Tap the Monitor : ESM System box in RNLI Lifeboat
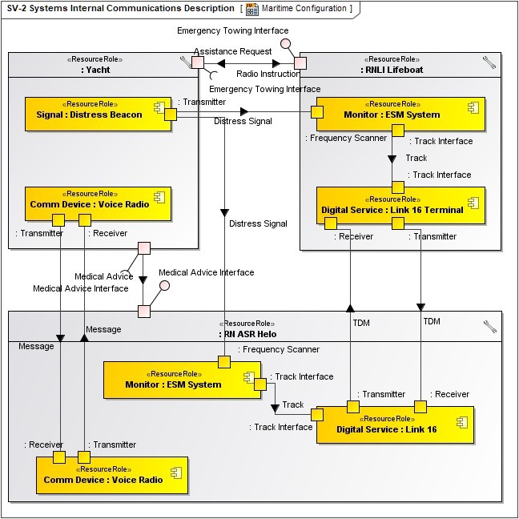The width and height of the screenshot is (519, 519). pos(392,115)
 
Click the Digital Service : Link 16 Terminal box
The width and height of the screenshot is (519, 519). pos(392,210)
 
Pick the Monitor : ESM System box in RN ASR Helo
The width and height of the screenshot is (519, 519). pos(173,384)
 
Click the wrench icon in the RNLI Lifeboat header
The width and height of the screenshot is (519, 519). pos(489,62)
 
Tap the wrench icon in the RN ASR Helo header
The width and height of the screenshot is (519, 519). pos(489,326)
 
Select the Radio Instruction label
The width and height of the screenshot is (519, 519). pos(268,74)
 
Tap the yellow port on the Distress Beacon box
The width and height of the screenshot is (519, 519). pos(171,115)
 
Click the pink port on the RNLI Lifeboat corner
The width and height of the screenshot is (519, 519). pos(300,62)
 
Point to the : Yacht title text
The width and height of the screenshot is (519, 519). pos(95,70)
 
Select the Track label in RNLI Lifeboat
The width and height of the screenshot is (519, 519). pos(416,158)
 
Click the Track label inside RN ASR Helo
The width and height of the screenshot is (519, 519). pos(293,404)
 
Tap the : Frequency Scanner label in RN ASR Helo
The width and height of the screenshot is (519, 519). pos(280,349)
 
